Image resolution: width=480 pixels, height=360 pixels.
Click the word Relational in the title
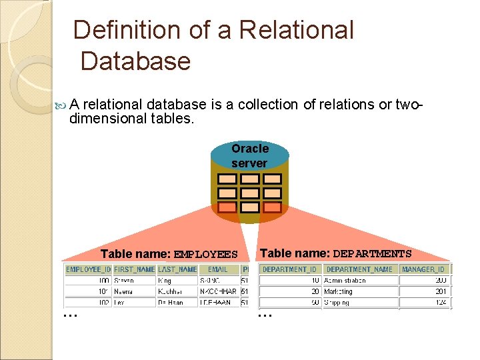(x=296, y=31)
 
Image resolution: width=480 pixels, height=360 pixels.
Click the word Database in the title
(x=135, y=61)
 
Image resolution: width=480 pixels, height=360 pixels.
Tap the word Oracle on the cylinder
(x=250, y=148)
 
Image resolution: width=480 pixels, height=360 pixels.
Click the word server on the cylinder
(x=249, y=163)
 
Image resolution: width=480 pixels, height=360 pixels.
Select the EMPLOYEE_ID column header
(x=88, y=269)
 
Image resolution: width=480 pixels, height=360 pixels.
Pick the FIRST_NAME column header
(x=134, y=269)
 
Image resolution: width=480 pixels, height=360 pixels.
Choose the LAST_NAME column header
(x=177, y=269)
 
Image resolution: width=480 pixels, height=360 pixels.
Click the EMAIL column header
(x=217, y=269)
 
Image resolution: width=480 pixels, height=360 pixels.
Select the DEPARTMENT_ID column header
(x=289, y=269)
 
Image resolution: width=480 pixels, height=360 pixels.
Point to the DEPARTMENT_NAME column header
(x=360, y=269)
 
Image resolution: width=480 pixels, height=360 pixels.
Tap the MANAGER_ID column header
(x=423, y=269)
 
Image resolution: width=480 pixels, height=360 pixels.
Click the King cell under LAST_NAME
(x=165, y=281)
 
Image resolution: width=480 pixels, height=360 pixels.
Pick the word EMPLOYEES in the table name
(x=205, y=254)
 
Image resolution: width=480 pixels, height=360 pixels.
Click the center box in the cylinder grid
(x=250, y=193)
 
